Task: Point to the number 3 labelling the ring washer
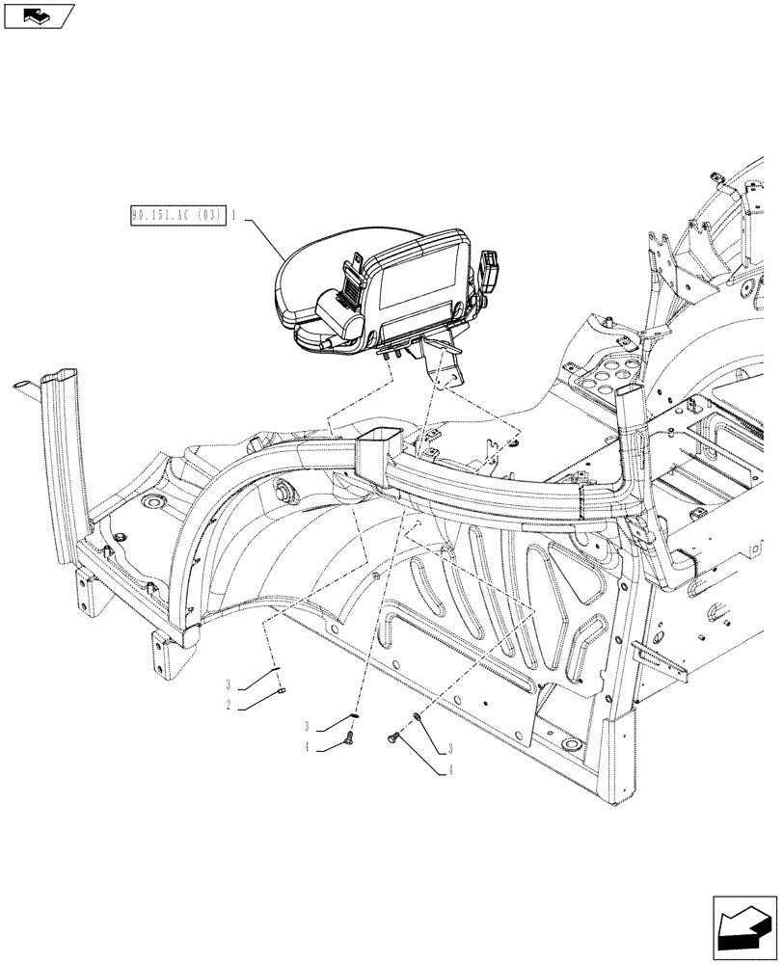pyautogui.click(x=449, y=750)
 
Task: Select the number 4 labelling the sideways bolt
pyautogui.click(x=449, y=770)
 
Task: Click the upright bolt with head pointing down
pyautogui.click(x=348, y=739)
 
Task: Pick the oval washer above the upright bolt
pyautogui.click(x=354, y=716)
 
